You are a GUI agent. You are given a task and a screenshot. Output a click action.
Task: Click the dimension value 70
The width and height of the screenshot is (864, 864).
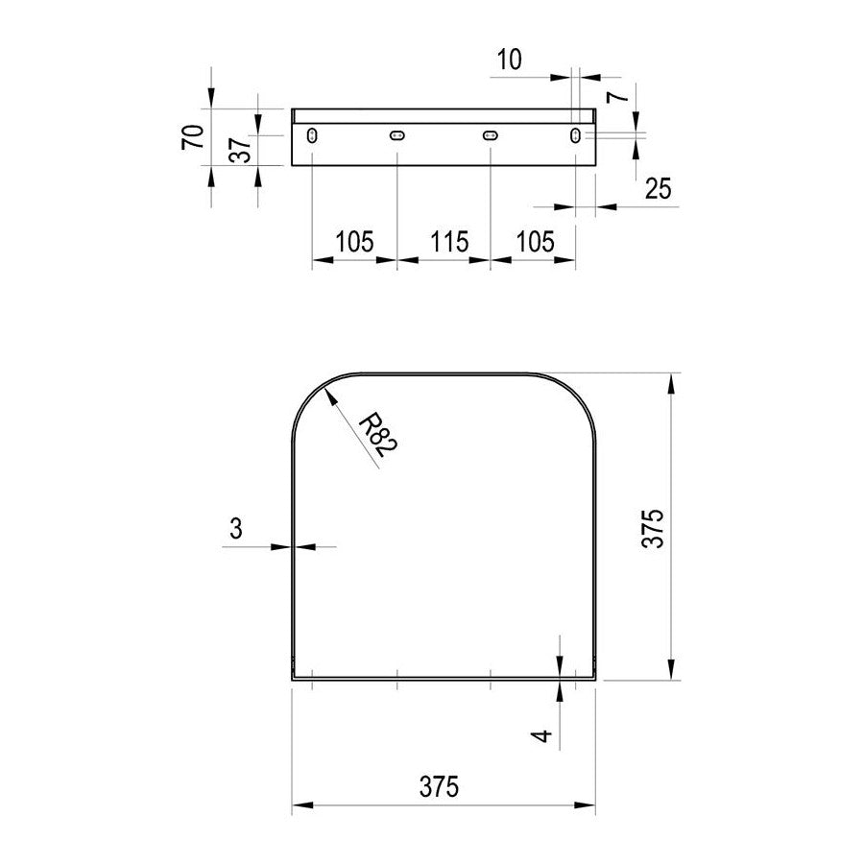[x=193, y=136]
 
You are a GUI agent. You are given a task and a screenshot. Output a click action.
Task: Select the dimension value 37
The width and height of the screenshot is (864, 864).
[x=240, y=150]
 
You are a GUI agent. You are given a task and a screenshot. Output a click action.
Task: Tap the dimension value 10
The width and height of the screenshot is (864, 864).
[x=509, y=60]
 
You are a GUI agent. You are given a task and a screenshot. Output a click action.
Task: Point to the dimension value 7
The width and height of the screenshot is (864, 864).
[x=618, y=97]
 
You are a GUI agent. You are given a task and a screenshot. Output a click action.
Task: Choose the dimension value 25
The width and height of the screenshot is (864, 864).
[x=659, y=189]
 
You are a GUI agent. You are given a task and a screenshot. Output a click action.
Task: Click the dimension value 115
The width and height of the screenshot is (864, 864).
[x=449, y=242]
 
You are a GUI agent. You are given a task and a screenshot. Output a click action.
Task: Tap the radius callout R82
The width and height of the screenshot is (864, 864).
[x=378, y=436]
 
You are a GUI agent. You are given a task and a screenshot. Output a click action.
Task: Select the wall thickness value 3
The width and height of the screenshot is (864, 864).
[x=236, y=529]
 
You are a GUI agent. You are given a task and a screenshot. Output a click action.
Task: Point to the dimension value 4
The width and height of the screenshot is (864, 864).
[x=543, y=735]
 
